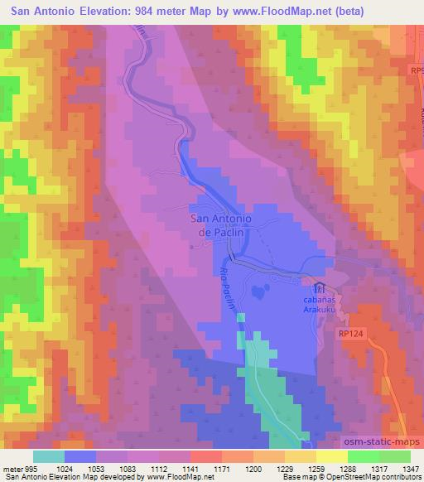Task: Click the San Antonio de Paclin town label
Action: coord(221,224)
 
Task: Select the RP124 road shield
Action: coord(351,332)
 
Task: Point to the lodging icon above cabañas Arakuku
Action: coord(319,287)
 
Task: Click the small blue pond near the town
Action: coord(259,292)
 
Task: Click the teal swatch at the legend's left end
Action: coord(48,455)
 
